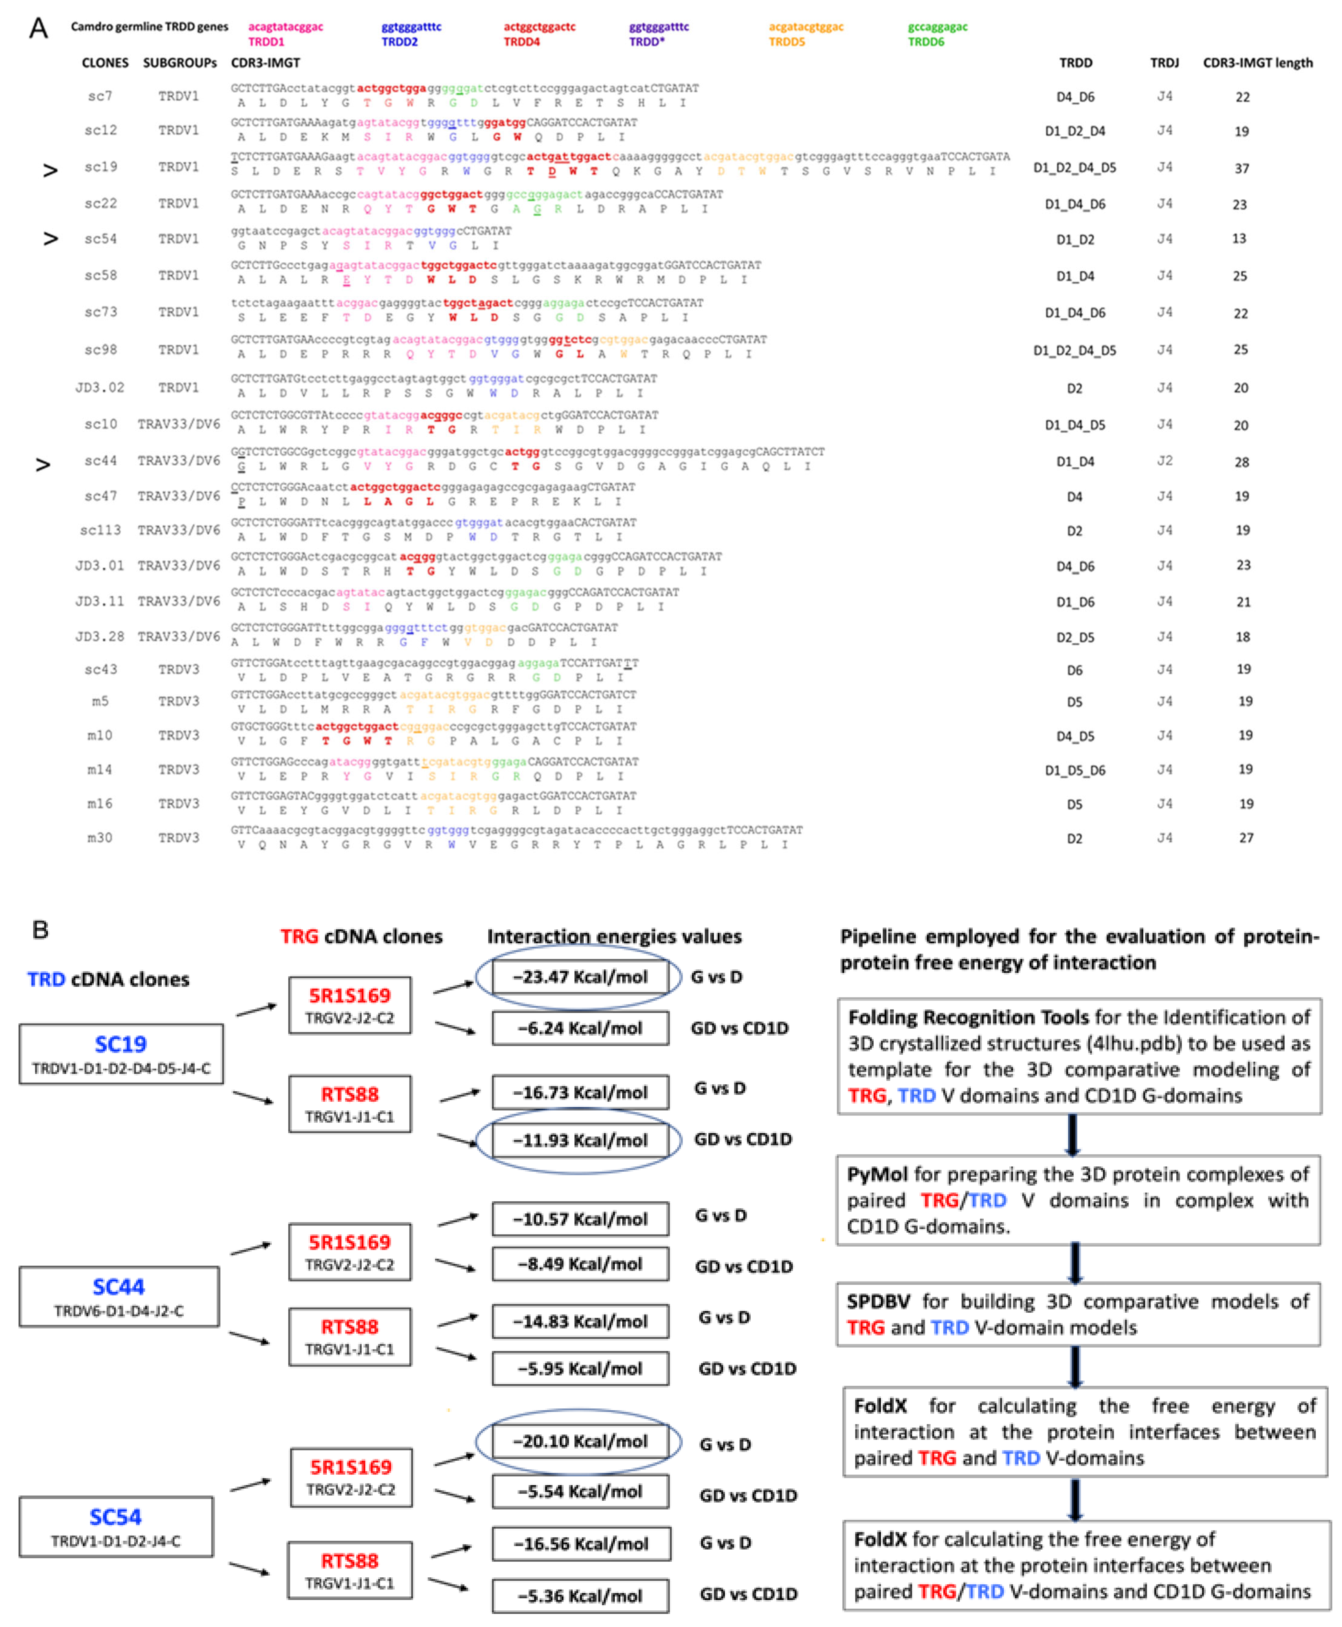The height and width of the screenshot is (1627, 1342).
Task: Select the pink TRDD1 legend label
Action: click(x=266, y=42)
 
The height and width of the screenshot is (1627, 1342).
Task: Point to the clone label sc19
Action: click(x=101, y=167)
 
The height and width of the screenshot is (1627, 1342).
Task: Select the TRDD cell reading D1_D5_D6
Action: click(x=1075, y=770)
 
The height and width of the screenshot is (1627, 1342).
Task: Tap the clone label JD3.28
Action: click(x=100, y=637)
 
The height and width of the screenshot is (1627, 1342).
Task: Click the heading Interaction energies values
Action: click(x=614, y=936)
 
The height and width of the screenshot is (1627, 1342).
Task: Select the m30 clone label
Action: click(x=100, y=838)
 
